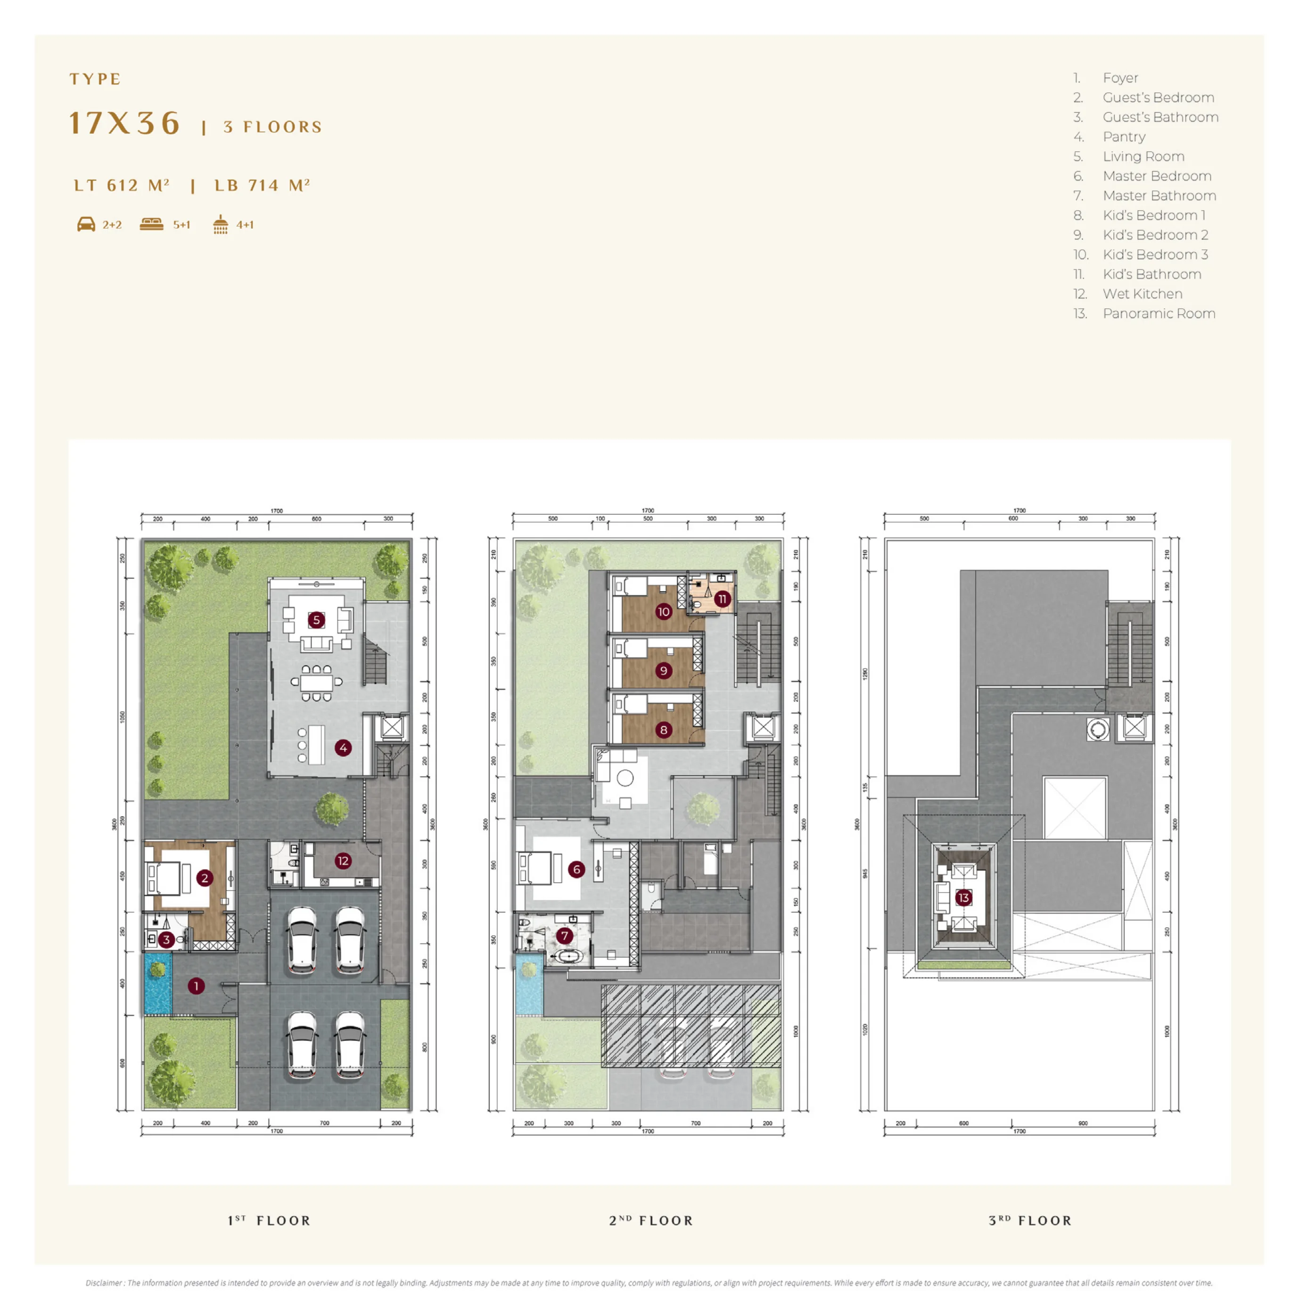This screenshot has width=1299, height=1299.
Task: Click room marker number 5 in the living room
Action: coord(316,620)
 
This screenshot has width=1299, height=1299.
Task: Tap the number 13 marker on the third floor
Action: coord(963,897)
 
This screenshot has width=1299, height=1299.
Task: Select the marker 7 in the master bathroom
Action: coord(565,935)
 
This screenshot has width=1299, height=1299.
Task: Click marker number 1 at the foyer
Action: coord(196,986)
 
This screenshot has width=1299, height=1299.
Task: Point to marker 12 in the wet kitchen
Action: coord(343,861)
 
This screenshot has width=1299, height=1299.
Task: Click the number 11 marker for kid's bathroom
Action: coord(722,599)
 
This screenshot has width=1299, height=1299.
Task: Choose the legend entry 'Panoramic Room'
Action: coord(1159,313)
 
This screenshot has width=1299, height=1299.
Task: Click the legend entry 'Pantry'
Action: coord(1124,137)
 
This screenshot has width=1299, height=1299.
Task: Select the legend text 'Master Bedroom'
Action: coord(1157,176)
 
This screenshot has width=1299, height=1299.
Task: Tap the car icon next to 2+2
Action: coord(86,224)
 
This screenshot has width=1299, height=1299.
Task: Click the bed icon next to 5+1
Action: coord(151,224)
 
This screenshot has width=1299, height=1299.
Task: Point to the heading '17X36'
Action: coord(125,123)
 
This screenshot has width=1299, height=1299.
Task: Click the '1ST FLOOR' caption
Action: coord(269,1220)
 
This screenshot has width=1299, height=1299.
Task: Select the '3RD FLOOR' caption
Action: coord(1030,1220)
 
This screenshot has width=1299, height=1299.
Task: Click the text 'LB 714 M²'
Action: coord(262,186)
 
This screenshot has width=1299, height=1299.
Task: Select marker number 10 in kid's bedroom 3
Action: coord(664,611)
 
